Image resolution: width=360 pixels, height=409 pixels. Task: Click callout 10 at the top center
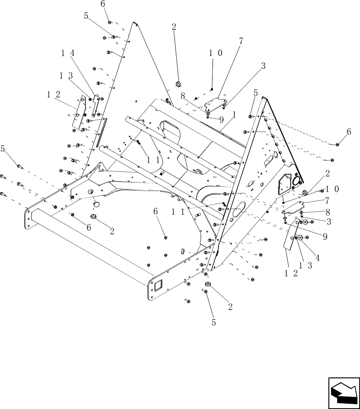(x=215, y=53)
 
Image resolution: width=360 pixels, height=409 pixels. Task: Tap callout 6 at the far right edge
(x=349, y=132)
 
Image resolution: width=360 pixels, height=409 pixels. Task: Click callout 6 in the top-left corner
(x=103, y=4)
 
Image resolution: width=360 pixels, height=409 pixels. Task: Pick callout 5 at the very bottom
(x=213, y=322)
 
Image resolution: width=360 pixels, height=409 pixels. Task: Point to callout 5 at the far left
(x=4, y=149)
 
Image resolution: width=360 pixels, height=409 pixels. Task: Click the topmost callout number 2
(x=174, y=27)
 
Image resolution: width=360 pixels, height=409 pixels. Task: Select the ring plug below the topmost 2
(x=178, y=85)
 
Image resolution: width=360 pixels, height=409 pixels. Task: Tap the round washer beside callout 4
(x=300, y=238)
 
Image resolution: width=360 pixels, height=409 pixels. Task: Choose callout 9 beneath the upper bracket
(x=221, y=120)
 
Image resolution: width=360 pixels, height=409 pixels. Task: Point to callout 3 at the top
(x=263, y=65)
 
